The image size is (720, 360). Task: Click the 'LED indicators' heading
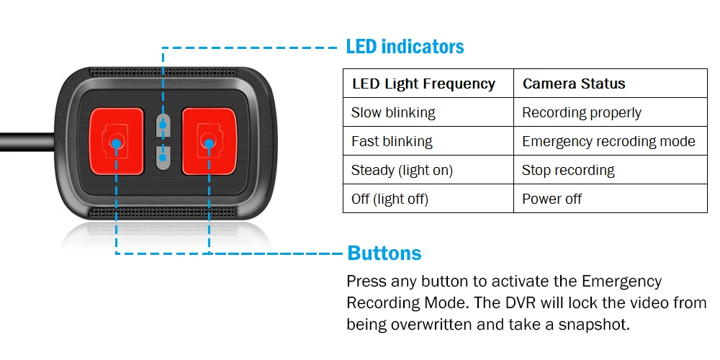click(x=405, y=48)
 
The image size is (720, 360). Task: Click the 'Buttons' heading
click(x=384, y=253)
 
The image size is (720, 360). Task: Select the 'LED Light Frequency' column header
click(x=423, y=84)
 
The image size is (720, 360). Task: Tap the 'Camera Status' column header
click(x=574, y=84)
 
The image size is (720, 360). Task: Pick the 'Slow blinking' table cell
click(x=393, y=113)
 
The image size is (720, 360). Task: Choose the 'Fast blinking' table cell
click(x=392, y=142)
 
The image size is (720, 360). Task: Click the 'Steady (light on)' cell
click(x=402, y=171)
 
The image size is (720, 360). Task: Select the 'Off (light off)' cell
click(x=390, y=199)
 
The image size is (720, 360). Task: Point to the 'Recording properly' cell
click(x=581, y=113)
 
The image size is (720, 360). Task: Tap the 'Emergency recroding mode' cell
click(x=608, y=142)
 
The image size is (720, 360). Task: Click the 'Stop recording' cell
click(x=568, y=171)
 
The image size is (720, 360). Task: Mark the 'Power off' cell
click(x=552, y=199)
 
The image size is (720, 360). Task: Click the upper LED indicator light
click(x=163, y=123)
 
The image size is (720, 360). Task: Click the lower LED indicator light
click(x=163, y=156)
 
